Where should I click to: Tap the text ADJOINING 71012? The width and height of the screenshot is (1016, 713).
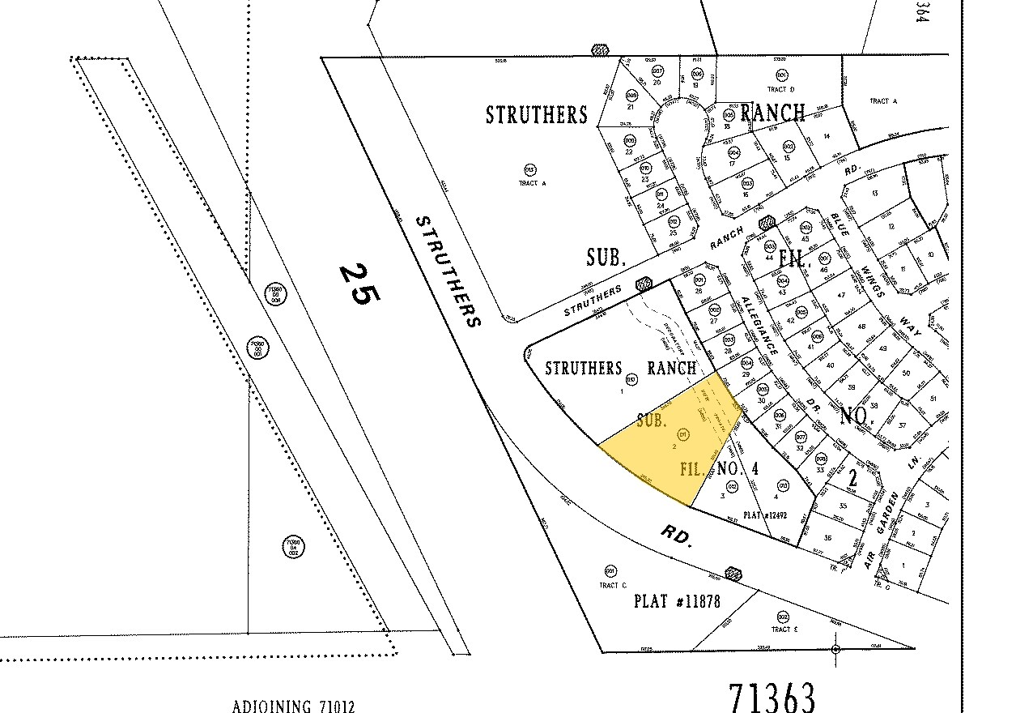point(293,706)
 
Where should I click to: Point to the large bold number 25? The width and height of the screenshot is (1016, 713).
point(356,284)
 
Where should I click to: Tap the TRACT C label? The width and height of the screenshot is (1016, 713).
point(613,585)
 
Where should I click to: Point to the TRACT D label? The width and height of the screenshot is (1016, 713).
point(781,89)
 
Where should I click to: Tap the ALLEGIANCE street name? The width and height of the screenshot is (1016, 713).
point(759,326)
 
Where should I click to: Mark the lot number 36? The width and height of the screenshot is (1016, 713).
point(827,537)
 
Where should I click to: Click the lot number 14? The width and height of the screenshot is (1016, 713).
point(827,137)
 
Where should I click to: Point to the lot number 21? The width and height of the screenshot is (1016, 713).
point(629,106)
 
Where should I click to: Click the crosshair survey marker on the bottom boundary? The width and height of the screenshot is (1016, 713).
point(836,649)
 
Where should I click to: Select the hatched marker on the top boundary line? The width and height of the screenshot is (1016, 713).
point(600,50)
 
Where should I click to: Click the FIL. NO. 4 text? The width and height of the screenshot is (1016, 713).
point(719,468)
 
